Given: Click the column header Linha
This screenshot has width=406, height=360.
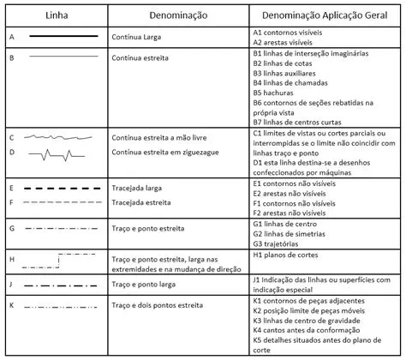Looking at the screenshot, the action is click(x=57, y=16).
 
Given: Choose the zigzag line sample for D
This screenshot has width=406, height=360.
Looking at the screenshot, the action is click(x=63, y=154).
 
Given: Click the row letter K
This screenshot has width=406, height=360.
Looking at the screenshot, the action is click(x=11, y=304).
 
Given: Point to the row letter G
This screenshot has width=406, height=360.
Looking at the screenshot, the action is click(x=11, y=228).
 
